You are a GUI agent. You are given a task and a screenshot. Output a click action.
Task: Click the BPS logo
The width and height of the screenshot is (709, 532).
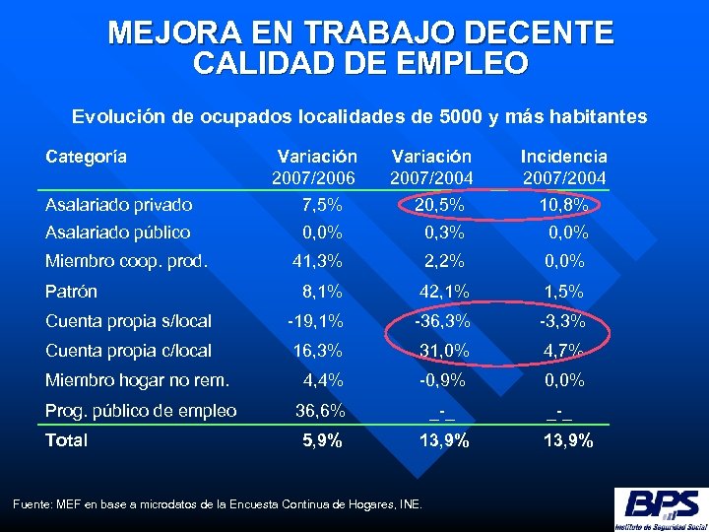click(x=659, y=508)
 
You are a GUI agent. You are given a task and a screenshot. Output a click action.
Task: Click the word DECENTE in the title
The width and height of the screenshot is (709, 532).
click(x=533, y=33)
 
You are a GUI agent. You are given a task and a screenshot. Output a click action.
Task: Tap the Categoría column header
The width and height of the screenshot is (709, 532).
click(x=87, y=157)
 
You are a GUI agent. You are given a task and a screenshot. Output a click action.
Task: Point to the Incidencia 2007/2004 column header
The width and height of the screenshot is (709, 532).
click(x=563, y=166)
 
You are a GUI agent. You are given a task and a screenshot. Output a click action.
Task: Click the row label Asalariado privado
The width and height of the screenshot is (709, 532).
click(x=119, y=205)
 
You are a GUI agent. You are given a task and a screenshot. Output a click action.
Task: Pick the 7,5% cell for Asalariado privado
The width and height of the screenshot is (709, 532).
click(x=321, y=205)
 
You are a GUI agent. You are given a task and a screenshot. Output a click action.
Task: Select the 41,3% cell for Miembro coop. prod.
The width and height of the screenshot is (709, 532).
click(x=317, y=261)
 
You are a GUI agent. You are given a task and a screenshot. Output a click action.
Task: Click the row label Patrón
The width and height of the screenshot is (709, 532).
click(x=72, y=292)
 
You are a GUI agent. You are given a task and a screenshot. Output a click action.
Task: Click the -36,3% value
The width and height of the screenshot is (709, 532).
click(x=442, y=321)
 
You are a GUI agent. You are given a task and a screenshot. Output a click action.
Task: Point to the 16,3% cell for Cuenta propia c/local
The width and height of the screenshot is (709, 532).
click(x=317, y=351)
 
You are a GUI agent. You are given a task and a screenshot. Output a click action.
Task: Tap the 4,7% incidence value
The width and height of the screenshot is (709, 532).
click(x=565, y=351)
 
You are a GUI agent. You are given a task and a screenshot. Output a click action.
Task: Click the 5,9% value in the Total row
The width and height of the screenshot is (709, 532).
click(x=321, y=440)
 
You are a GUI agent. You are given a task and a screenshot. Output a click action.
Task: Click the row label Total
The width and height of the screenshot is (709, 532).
click(x=67, y=440)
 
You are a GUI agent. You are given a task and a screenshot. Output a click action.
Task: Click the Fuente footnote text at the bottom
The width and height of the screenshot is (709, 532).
click(x=217, y=504)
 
